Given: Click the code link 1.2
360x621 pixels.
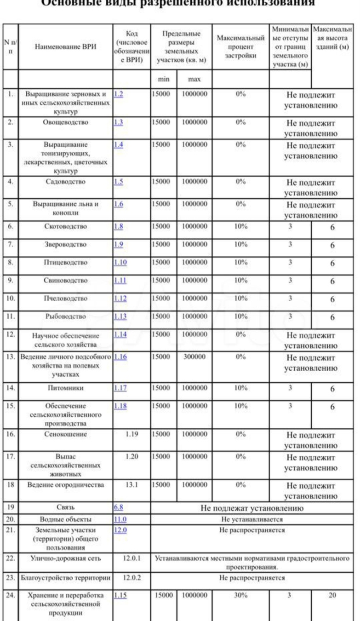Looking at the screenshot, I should point(118,94).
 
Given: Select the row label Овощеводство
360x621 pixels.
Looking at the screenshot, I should point(65,123).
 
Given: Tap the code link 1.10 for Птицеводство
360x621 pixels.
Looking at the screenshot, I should point(120,263).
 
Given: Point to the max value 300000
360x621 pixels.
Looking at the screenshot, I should point(194,356).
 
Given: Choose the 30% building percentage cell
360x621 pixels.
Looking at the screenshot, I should point(240,595).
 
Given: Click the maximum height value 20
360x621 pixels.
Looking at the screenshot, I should point(332,595).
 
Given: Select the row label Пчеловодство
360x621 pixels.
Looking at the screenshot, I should point(65,299).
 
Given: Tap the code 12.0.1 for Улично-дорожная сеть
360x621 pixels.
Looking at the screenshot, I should point(131,558).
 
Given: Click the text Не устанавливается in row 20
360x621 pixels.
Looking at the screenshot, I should point(251,519).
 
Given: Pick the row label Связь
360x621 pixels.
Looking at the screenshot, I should point(65,508).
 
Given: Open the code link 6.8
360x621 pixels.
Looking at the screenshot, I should point(118,508).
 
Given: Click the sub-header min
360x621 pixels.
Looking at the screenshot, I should point(164,80).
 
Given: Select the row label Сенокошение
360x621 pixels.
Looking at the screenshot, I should point(65,434).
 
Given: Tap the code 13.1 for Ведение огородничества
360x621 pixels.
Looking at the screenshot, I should point(131,484).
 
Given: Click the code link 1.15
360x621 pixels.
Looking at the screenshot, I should point(120,595).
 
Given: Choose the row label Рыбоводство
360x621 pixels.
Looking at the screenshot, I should point(65,316).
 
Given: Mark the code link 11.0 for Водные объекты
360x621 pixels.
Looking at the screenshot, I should point(120,519).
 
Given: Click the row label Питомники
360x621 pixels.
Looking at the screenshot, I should point(65,388).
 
